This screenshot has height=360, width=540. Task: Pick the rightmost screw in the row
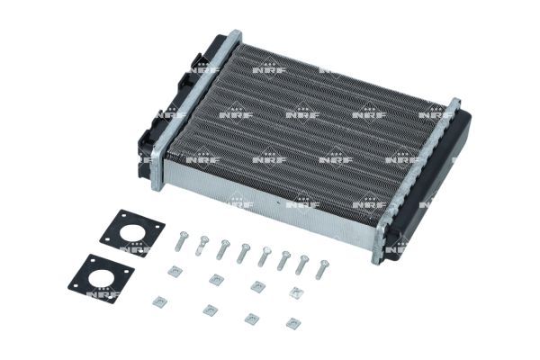tap(323, 269)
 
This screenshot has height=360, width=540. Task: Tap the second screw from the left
tap(202, 244)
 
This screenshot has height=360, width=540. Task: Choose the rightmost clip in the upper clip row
tap(295, 293)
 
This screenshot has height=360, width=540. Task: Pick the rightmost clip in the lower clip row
tap(291, 322)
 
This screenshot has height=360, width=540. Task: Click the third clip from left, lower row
tap(252, 318)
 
